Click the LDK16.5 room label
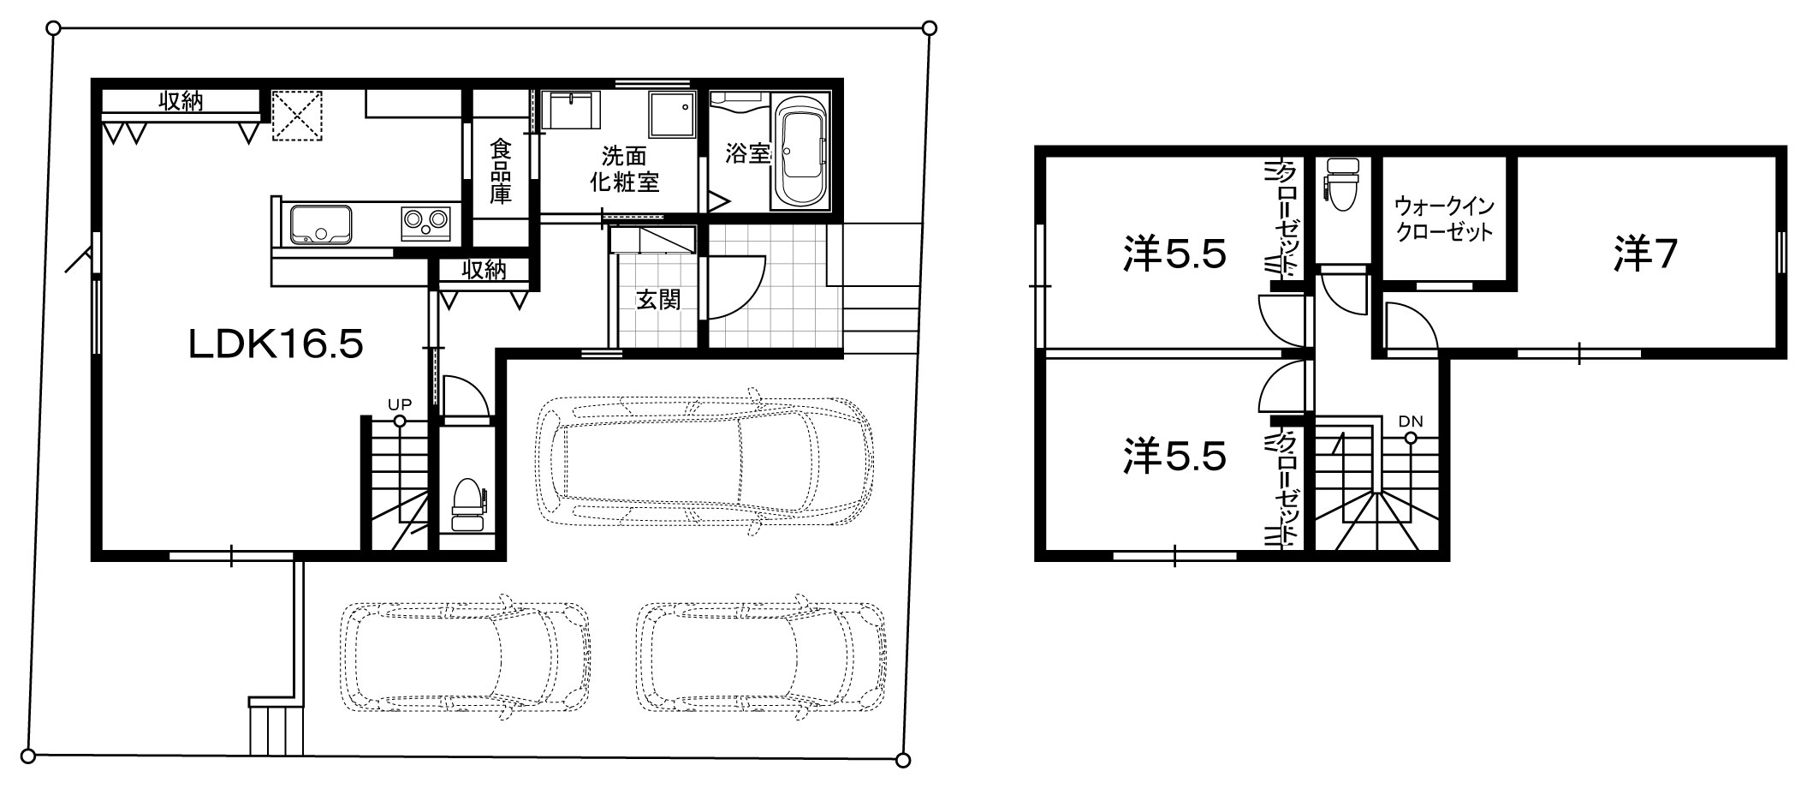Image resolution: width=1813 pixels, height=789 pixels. [x=276, y=344]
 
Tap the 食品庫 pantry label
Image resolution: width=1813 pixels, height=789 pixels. [x=501, y=172]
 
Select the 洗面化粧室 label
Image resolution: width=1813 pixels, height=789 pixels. [x=624, y=169]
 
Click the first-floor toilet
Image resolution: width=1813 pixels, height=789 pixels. [x=467, y=505]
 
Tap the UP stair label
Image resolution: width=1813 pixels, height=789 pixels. [x=399, y=403]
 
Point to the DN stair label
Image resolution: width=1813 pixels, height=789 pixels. [x=1411, y=421]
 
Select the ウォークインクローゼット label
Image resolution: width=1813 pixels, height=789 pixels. [x=1444, y=218]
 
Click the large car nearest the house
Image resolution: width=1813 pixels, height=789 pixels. [x=704, y=461]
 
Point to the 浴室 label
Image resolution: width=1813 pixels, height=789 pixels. [x=748, y=153]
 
